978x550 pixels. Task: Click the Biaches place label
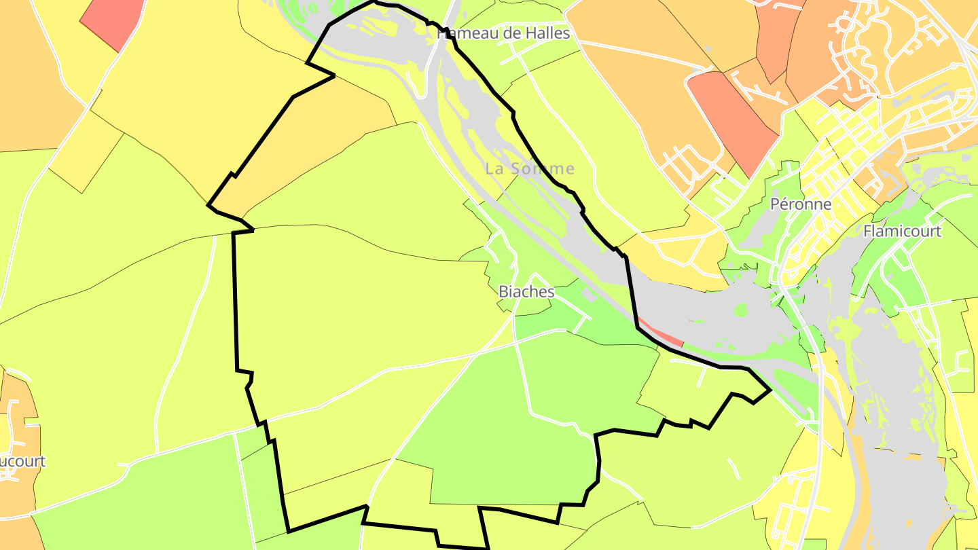[526, 292]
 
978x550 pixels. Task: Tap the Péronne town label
[801, 204]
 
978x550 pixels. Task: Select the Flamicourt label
[902, 232]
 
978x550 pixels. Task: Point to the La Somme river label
[530, 168]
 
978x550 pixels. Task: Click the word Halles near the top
[547, 33]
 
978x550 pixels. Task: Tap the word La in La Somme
[494, 168]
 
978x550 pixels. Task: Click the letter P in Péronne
[775, 204]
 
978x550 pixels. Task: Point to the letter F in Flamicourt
[867, 232]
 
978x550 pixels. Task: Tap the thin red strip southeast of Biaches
[662, 333]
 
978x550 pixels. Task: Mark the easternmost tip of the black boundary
[769, 390]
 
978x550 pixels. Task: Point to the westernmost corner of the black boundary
[208, 204]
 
